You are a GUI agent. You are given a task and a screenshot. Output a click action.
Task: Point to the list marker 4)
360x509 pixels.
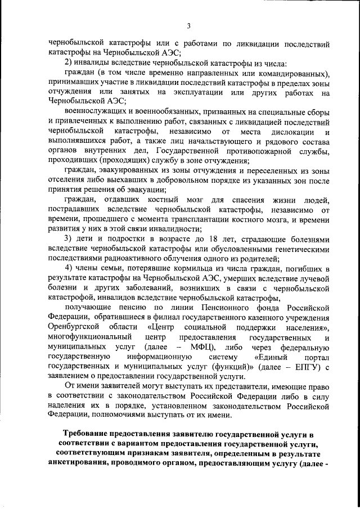70,266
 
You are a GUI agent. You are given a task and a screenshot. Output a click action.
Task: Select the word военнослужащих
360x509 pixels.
97,111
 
